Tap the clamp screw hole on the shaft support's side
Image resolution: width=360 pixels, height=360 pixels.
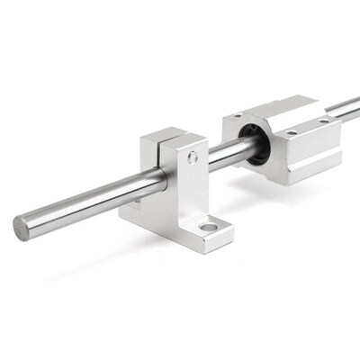pos(193,158)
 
